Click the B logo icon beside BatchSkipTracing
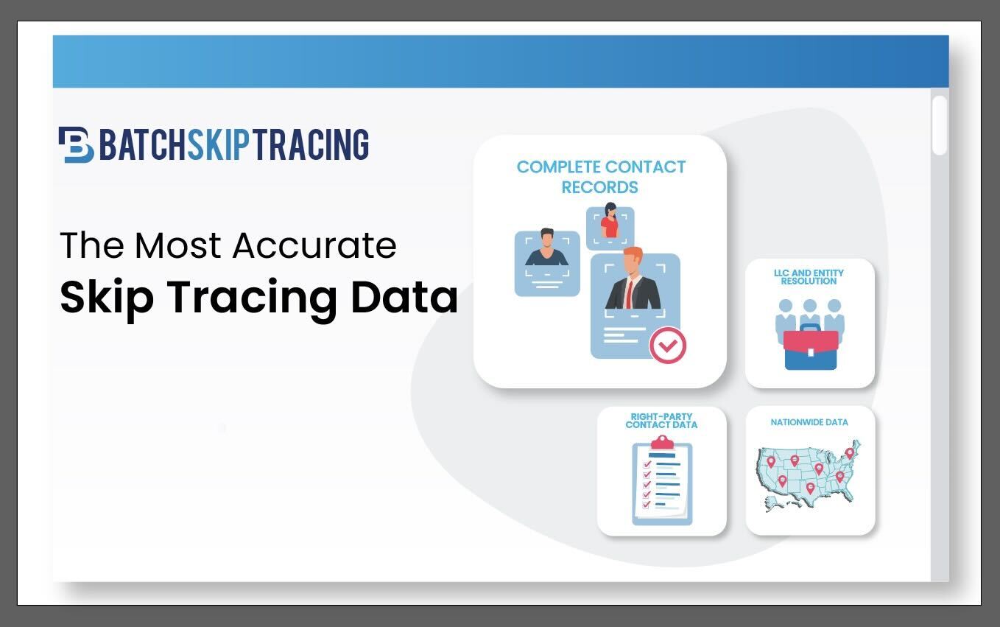click(77, 144)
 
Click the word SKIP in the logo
click(218, 144)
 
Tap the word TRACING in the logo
click(311, 144)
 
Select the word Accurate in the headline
click(314, 245)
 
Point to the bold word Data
click(404, 297)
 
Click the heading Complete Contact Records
click(600, 177)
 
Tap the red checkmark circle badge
click(667, 346)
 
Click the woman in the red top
click(610, 221)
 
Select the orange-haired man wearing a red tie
click(633, 279)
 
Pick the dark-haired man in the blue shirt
click(547, 248)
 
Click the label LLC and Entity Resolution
click(809, 277)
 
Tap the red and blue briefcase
click(811, 348)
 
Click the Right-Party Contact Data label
click(661, 421)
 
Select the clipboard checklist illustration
click(662, 480)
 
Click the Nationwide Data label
click(809, 422)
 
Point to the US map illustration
click(808, 476)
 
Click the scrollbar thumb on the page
click(940, 125)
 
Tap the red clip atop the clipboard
click(662, 443)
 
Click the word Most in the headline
click(177, 245)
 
